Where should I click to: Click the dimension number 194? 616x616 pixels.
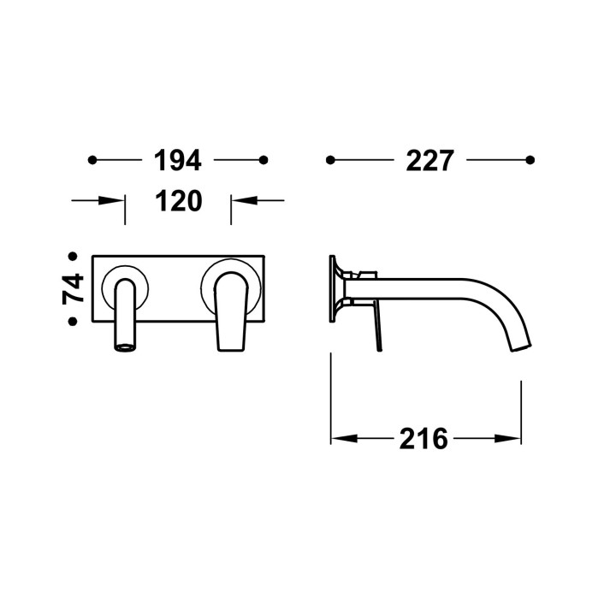(x=178, y=160)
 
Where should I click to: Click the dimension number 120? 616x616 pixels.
(x=179, y=201)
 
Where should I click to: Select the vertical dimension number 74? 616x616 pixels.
(x=73, y=289)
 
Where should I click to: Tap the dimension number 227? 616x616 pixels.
(x=429, y=160)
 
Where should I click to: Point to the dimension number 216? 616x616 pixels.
(x=423, y=438)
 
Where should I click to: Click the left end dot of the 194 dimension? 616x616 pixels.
(x=92, y=160)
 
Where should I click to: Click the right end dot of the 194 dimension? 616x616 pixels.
(x=264, y=160)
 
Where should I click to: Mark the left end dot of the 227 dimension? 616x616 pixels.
(x=330, y=160)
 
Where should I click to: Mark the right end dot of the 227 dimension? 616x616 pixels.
(x=530, y=160)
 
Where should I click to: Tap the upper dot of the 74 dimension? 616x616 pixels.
(x=73, y=257)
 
